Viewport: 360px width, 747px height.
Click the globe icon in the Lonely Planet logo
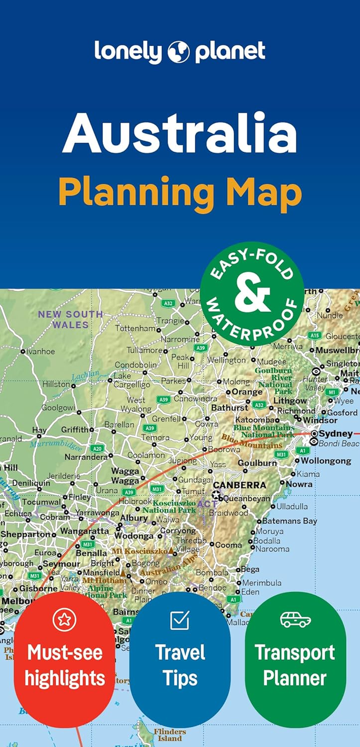pos(179,52)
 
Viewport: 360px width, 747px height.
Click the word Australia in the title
pos(180,134)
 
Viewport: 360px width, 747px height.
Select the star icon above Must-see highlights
pos(64,620)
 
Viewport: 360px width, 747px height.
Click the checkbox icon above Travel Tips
pos(180,620)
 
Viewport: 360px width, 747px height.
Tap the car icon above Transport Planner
pos(295,620)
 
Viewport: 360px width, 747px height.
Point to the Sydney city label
pos(335,434)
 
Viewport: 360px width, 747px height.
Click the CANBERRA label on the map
pos(239,485)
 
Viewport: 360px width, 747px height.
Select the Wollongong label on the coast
pos(326,461)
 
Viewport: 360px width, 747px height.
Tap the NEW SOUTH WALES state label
pos(70,319)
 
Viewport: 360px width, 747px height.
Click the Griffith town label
pos(75,430)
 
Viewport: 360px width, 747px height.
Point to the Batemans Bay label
pos(289,521)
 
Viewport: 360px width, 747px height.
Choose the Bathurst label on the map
pos(229,407)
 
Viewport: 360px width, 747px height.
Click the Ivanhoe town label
pos(40,351)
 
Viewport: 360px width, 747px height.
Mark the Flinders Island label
pos(170,735)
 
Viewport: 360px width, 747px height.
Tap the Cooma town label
pos(229,545)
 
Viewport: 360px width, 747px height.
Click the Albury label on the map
pos(134,518)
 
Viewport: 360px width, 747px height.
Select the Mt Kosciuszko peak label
pos(139,551)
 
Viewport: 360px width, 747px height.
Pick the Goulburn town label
pos(257,463)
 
